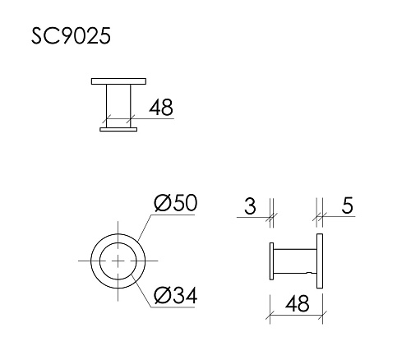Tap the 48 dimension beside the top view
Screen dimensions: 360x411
coord(160,108)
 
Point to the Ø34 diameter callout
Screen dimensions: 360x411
coord(176,293)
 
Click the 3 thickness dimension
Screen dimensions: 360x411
coord(250,206)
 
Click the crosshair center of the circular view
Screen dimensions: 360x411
coord(120,260)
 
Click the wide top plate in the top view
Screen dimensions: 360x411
coord(119,81)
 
